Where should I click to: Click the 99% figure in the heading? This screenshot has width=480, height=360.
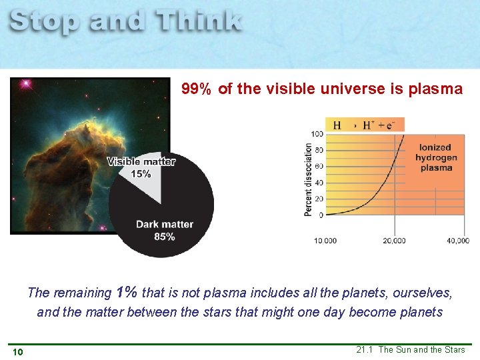(x=197, y=89)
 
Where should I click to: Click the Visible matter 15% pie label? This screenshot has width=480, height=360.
(x=141, y=167)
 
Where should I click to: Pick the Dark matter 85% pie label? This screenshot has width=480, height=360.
(x=165, y=230)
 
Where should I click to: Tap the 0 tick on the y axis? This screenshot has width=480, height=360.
(x=321, y=215)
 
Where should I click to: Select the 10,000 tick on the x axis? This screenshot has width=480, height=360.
(x=326, y=241)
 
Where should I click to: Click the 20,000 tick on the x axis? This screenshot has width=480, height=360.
(x=394, y=241)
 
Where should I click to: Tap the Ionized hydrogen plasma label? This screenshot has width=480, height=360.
(x=436, y=157)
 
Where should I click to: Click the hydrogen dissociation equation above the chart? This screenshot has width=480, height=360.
(x=363, y=125)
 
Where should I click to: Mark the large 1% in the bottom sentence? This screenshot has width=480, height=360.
(x=127, y=292)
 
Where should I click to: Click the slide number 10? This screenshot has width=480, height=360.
(x=17, y=351)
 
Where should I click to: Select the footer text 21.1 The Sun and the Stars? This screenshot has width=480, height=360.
(x=411, y=349)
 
